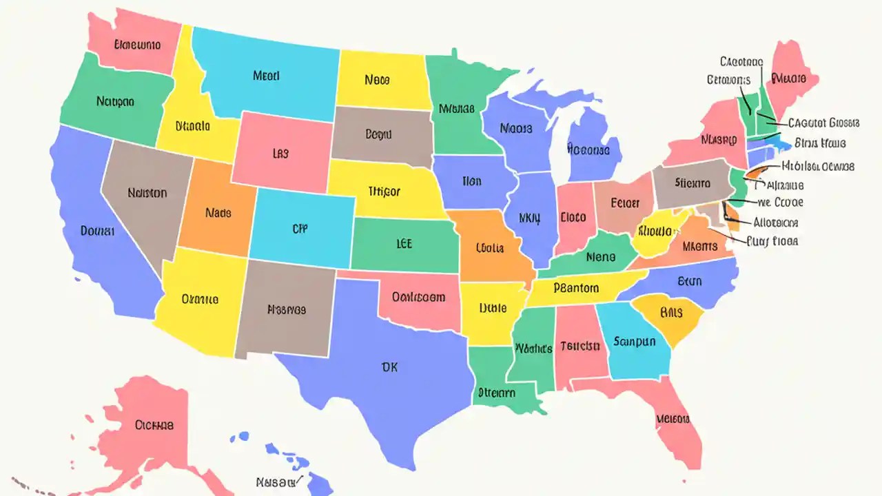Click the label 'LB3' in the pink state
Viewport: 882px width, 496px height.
tap(280, 154)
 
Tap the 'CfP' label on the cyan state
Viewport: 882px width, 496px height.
tap(299, 229)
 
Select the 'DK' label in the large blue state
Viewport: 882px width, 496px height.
tap(389, 367)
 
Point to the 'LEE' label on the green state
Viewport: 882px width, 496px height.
tap(404, 244)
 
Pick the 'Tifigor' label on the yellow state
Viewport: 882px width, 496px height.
tap(384, 192)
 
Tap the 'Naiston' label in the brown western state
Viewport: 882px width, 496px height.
tap(147, 193)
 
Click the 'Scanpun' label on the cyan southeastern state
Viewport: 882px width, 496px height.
tap(635, 341)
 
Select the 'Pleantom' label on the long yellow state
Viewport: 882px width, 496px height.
tap(576, 288)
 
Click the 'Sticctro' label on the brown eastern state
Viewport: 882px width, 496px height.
tap(692, 183)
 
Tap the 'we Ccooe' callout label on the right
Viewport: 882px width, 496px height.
tap(780, 203)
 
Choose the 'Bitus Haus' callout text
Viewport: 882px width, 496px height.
tap(820, 143)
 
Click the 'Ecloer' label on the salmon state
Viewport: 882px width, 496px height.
tap(625, 203)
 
